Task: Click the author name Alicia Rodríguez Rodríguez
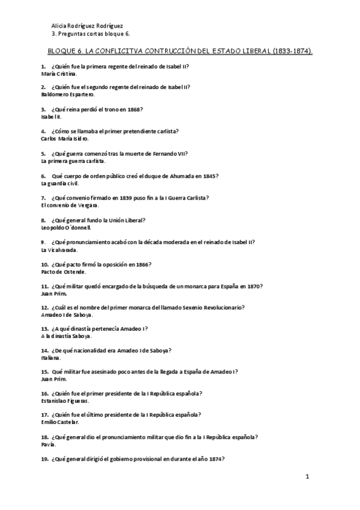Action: [88, 26]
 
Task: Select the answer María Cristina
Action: [59, 73]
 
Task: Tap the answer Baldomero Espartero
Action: [68, 95]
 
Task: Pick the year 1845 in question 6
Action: [207, 176]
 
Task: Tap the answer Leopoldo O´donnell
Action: [66, 227]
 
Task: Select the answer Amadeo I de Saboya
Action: [66, 315]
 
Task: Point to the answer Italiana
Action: [51, 358]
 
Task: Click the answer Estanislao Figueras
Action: [66, 401]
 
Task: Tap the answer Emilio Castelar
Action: [61, 422]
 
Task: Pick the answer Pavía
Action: [49, 444]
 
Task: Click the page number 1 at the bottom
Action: [307, 478]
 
